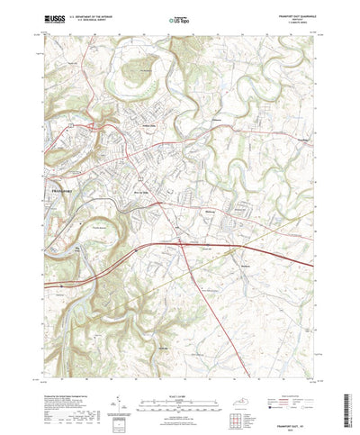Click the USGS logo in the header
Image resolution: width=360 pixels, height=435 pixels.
[x=56, y=17]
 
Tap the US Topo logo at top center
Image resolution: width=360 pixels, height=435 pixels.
[x=179, y=17]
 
